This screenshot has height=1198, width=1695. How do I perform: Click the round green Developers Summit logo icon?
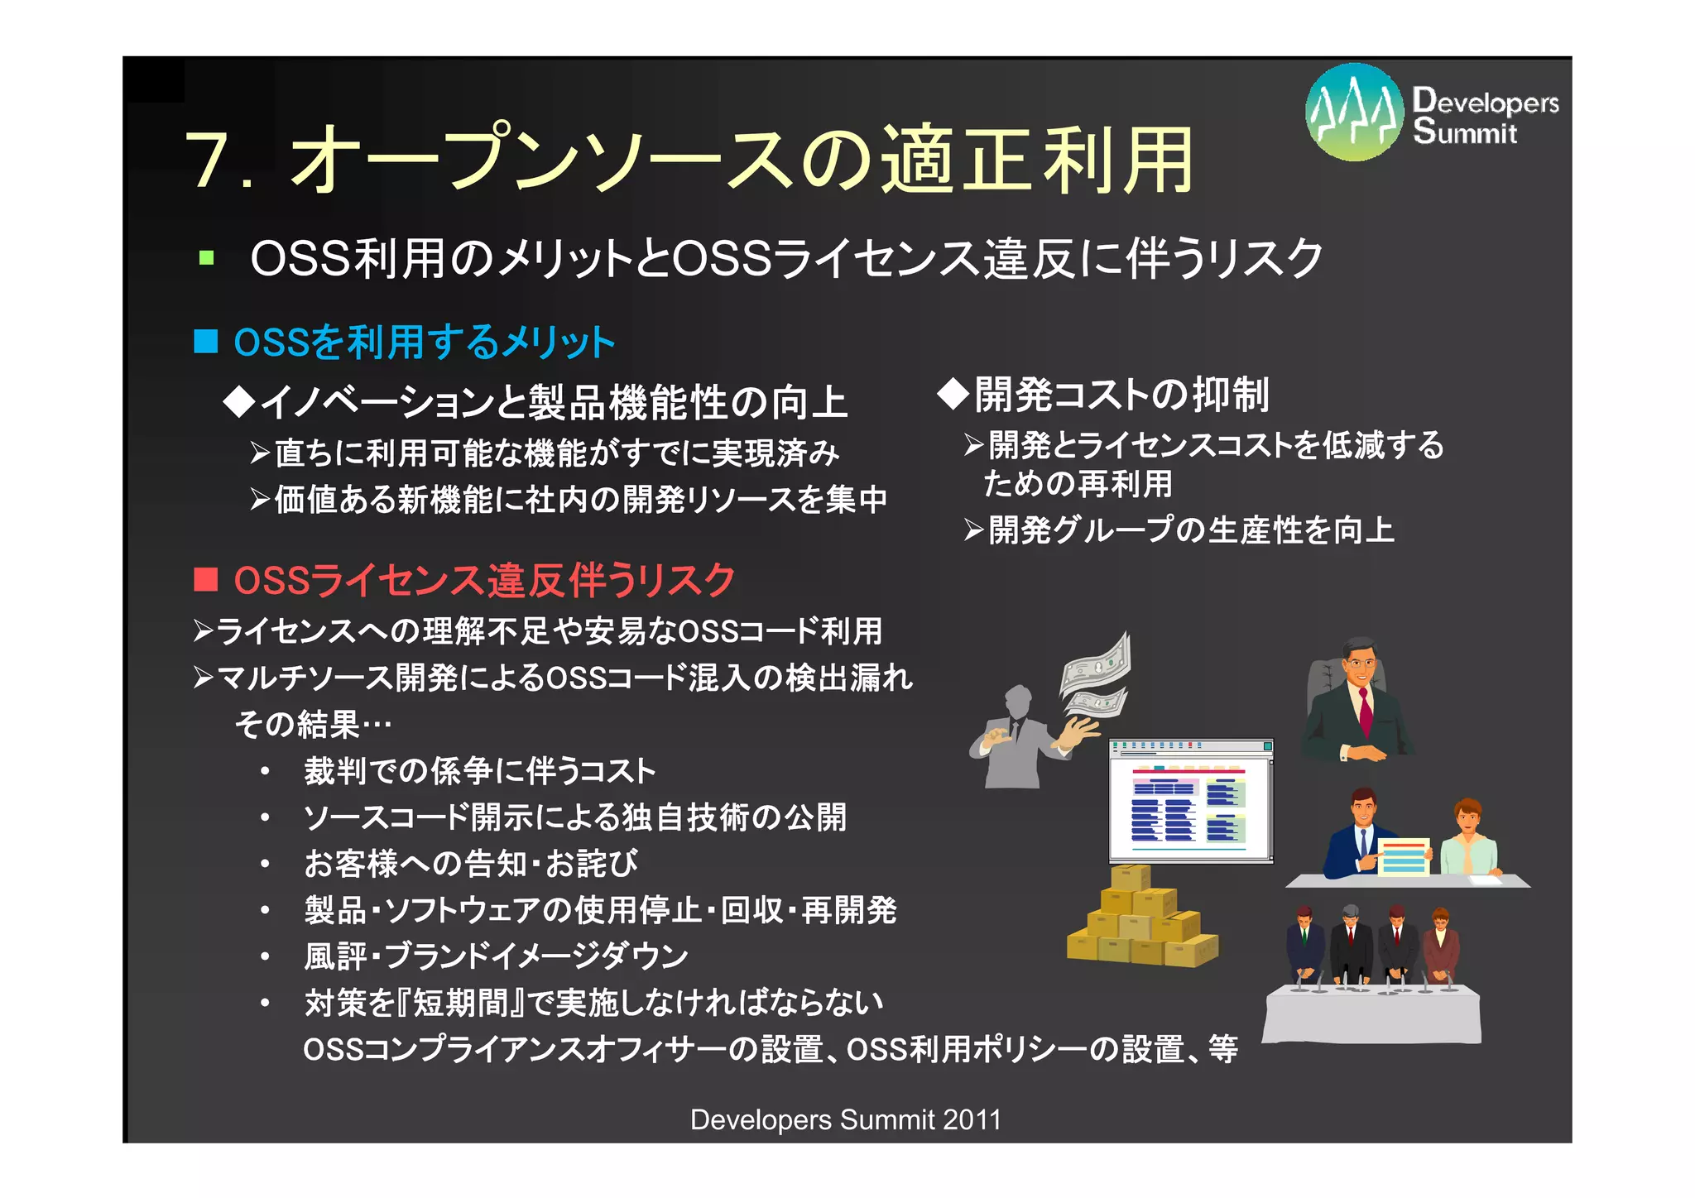[1354, 112]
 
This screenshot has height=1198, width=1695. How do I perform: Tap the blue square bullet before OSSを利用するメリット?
[205, 341]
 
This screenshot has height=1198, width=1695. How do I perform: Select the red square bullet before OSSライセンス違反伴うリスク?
[205, 579]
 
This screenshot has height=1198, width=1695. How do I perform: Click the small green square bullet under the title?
[206, 258]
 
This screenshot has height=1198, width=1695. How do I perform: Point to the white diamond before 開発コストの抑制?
[953, 394]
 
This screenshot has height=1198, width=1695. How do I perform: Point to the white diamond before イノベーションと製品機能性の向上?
[240, 402]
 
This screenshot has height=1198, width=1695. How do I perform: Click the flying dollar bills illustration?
[1096, 674]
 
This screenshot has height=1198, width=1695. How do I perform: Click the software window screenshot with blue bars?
[1190, 801]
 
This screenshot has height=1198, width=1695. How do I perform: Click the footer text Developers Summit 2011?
[845, 1119]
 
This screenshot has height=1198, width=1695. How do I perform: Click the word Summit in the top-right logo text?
[1465, 132]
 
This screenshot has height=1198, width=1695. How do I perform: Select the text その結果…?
[313, 725]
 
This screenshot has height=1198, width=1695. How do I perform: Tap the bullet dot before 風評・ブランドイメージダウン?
[265, 957]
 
